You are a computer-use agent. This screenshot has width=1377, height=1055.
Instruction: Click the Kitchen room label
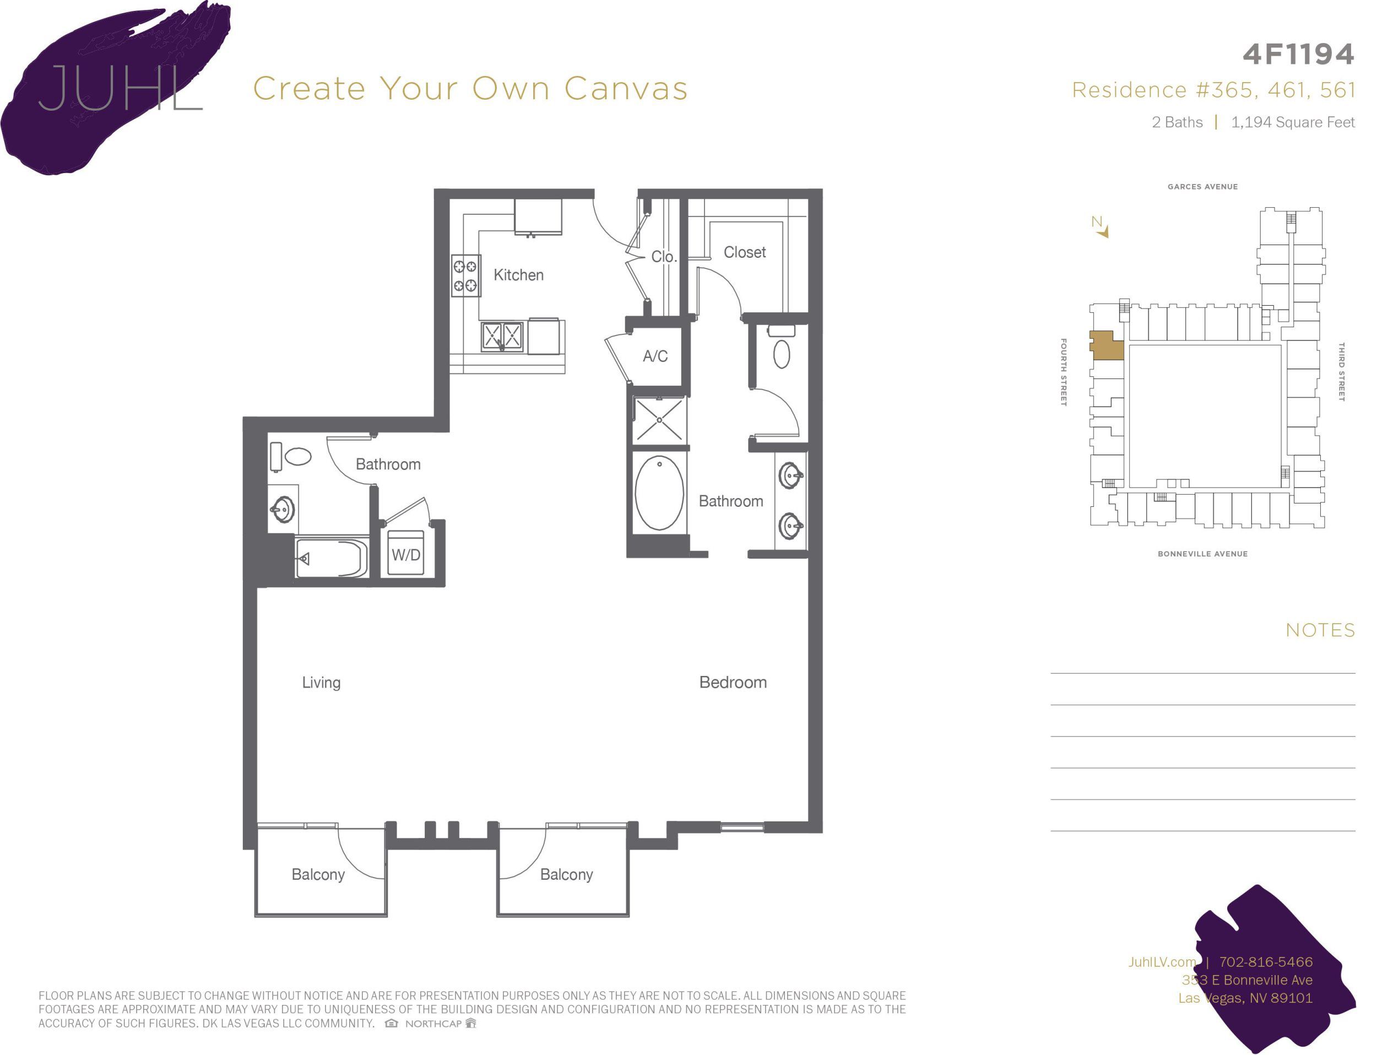pyautogui.click(x=518, y=275)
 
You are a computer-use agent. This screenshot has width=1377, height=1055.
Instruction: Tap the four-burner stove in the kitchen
pyautogui.click(x=466, y=275)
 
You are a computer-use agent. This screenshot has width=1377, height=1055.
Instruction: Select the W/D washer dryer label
pyautogui.click(x=405, y=555)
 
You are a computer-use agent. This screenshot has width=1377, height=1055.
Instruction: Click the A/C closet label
pyautogui.click(x=655, y=356)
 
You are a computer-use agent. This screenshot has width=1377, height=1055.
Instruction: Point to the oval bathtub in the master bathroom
pyautogui.click(x=659, y=493)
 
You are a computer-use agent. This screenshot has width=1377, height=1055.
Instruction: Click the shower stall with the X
pyautogui.click(x=659, y=419)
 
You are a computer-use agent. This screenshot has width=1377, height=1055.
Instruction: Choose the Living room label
pyautogui.click(x=321, y=683)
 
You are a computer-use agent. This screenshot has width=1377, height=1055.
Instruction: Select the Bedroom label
pyautogui.click(x=733, y=683)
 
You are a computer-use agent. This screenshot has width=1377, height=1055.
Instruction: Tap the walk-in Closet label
pyautogui.click(x=744, y=252)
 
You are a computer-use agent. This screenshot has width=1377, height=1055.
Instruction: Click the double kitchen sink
pyautogui.click(x=502, y=336)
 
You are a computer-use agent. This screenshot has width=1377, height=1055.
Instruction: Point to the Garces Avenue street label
pyautogui.click(x=1202, y=187)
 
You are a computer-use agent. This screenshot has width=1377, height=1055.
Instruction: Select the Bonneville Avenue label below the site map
pyautogui.click(x=1202, y=554)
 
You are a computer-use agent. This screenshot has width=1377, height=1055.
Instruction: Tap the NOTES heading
pyautogui.click(x=1320, y=630)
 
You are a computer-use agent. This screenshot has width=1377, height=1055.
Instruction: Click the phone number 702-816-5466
pyautogui.click(x=1265, y=962)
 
